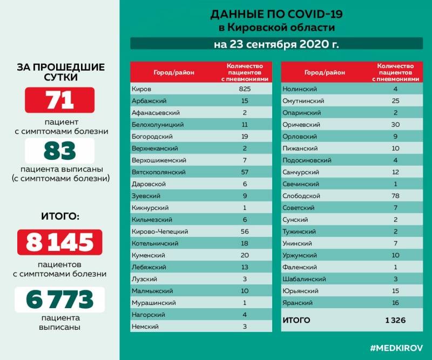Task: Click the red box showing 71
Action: pos(59,100)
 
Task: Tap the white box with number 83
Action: pos(59,151)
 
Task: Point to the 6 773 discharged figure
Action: pos(59,299)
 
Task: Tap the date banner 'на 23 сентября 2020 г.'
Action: pos(276,44)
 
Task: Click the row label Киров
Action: pos(141,89)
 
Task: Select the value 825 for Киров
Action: pos(245,89)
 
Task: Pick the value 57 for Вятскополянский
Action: pos(245,172)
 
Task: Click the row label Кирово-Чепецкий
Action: pos(159,231)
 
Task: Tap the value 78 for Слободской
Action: pos(395,195)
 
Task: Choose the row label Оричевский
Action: pos(301,124)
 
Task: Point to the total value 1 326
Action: pos(395,321)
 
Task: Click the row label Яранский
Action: pos(297,303)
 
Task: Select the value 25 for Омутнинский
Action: pos(395,100)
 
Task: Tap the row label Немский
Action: pos(144,326)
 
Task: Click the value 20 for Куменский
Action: pos(245,255)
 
